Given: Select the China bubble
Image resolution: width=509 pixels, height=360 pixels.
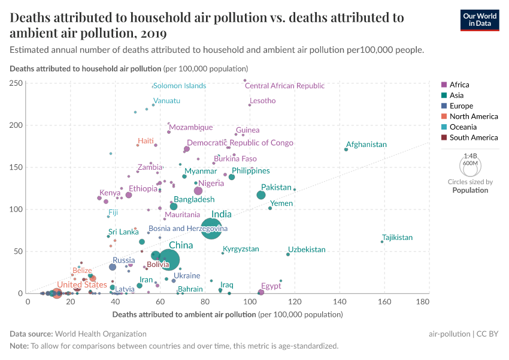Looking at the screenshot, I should coord(169,260).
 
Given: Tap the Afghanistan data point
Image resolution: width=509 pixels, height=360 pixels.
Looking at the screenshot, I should coord(346,149).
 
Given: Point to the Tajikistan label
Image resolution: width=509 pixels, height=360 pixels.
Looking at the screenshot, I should coord(397,238).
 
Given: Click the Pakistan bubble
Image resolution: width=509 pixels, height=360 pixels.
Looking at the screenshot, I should coord(261,195).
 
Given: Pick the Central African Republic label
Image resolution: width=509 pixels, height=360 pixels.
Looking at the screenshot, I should coord(284,86).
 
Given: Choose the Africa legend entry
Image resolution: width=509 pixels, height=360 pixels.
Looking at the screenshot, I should coord(459,85).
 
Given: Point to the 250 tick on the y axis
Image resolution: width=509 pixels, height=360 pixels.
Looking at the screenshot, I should coord(16,83).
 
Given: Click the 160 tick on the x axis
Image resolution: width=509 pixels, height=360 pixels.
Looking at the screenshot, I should coord(383,301).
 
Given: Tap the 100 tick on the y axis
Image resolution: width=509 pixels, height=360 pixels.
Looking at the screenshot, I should coord(16,209).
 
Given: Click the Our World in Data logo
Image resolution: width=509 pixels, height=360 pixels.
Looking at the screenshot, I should coord(480,19).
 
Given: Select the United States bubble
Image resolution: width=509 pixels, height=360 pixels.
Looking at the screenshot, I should coord(57,293).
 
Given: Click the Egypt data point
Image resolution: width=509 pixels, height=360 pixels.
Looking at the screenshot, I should coord(261,292).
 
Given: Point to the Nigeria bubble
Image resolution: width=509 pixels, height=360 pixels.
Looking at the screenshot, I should coord(198,191).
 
